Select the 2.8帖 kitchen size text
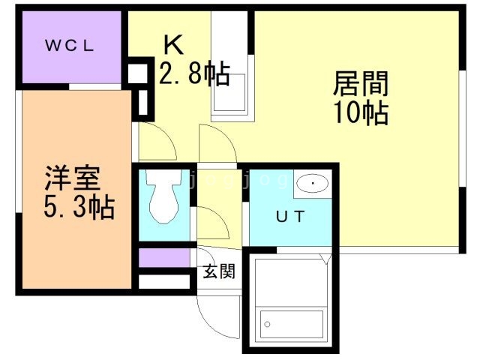click(193, 75)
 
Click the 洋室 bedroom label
click(71, 180)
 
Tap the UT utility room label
click(289, 217)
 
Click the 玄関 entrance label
click(218, 271)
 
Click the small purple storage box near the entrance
click(163, 257)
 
